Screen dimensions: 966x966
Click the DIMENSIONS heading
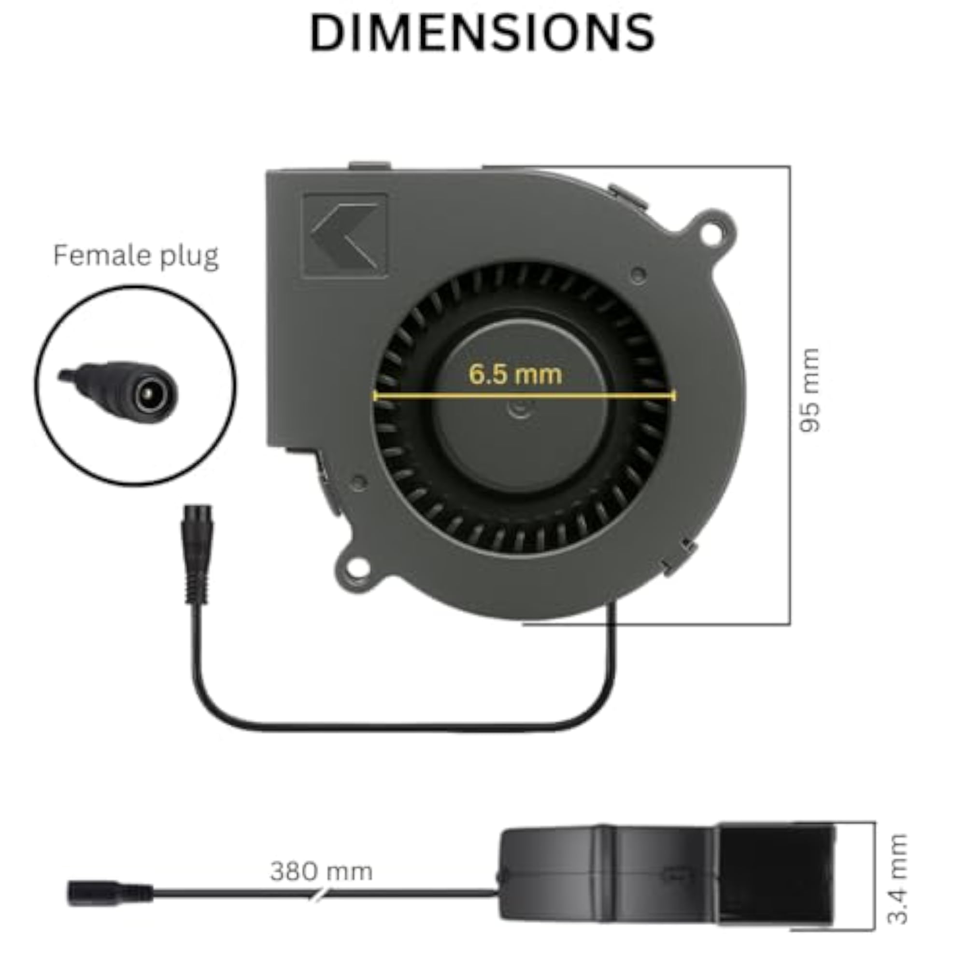pyautogui.click(x=483, y=33)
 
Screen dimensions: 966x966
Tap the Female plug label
pyautogui.click(x=136, y=256)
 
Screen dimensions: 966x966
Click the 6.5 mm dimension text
pyautogui.click(x=515, y=374)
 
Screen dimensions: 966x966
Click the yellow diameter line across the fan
pyautogui.click(x=525, y=396)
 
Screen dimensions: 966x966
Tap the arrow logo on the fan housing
pyautogui.click(x=345, y=236)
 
